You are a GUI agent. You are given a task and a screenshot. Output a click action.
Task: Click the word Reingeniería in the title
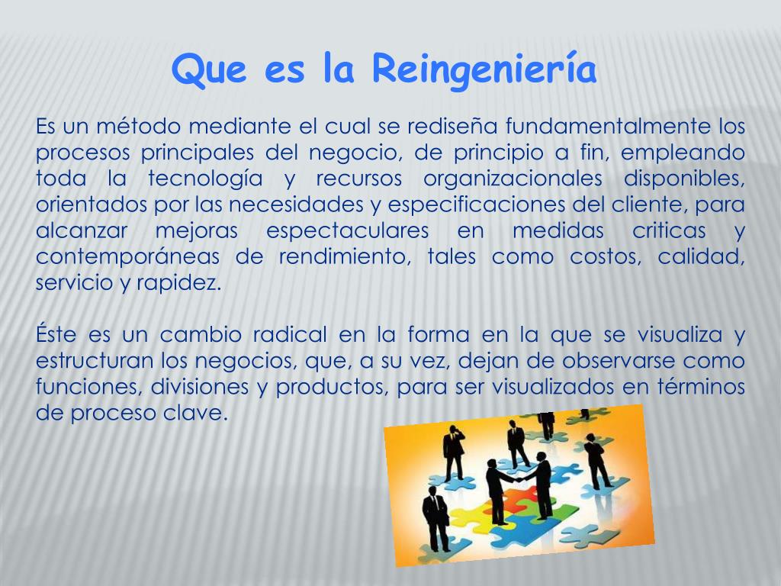click(484, 70)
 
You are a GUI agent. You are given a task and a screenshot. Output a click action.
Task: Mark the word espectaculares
click(347, 230)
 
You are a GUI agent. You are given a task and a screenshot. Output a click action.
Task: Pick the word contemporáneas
click(127, 256)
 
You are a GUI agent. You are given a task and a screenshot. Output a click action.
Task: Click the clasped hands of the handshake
click(518, 481)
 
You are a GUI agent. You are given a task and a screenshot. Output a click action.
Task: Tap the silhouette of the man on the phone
click(455, 452)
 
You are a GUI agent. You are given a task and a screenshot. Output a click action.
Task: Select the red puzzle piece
click(520, 500)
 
